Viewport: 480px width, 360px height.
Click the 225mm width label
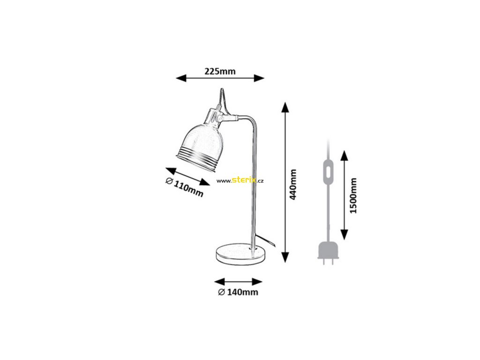click(220, 72)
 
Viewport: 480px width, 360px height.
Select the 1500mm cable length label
click(353, 195)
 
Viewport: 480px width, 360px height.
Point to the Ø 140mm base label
click(238, 292)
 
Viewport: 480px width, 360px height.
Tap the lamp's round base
click(240, 252)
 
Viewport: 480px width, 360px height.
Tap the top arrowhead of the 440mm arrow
click(285, 107)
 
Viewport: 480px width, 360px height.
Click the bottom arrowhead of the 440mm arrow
click(285, 257)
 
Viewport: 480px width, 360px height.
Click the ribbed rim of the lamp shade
click(195, 153)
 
